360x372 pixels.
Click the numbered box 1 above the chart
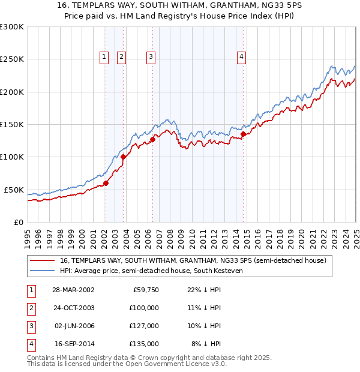pyautogui.click(x=104, y=57)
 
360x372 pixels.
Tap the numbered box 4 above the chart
pyautogui.click(x=241, y=57)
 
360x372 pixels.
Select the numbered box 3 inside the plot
pyautogui.click(x=150, y=57)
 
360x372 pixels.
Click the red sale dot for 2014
pyautogui.click(x=243, y=134)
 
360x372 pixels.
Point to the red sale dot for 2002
pyautogui.click(x=106, y=184)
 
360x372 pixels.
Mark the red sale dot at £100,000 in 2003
pyautogui.click(x=123, y=157)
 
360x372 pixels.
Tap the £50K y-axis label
pyautogui.click(x=14, y=190)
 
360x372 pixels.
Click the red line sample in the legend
pyautogui.click(x=42, y=261)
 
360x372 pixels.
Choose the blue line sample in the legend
pyautogui.click(x=42, y=271)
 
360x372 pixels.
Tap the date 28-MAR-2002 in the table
pyautogui.click(x=73, y=290)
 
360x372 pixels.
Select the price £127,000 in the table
pyautogui.click(x=145, y=326)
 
